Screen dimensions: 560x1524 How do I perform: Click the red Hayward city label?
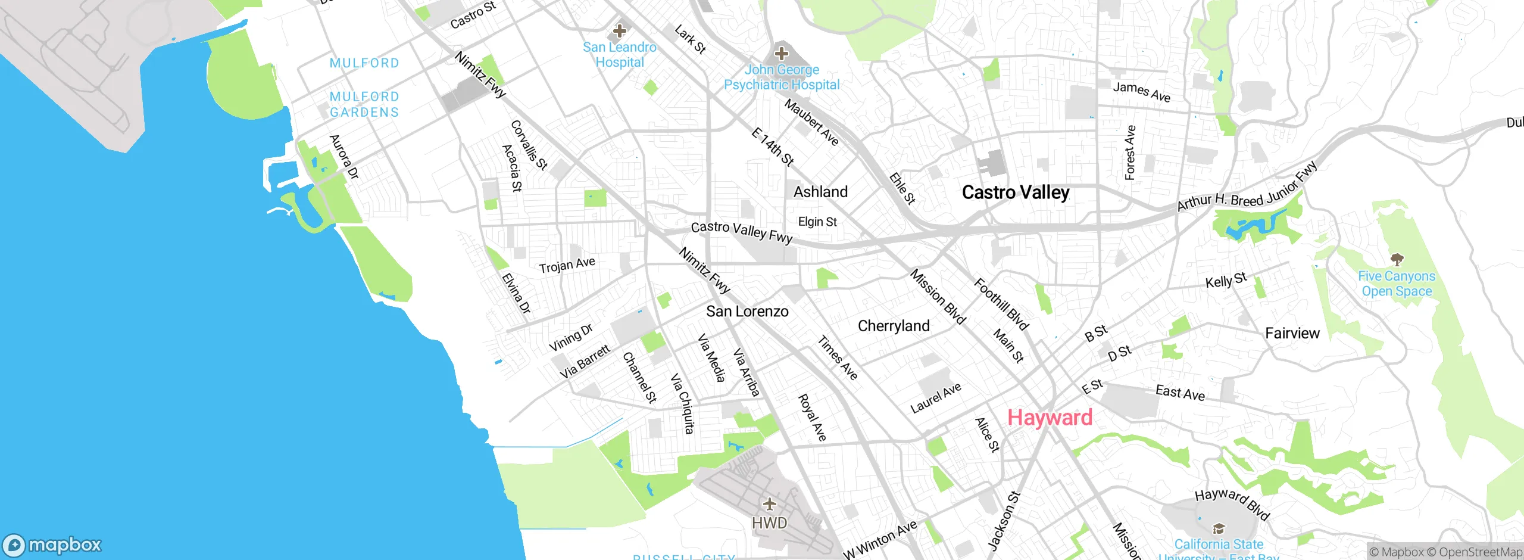click(x=1050, y=418)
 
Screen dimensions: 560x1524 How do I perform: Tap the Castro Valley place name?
click(x=1016, y=192)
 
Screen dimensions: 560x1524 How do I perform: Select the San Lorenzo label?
click(x=747, y=312)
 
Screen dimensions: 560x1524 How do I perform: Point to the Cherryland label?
click(x=893, y=326)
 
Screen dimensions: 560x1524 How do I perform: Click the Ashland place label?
click(x=820, y=192)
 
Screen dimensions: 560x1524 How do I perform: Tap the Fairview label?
click(x=1292, y=334)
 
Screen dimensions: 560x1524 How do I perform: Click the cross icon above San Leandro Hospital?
click(x=619, y=30)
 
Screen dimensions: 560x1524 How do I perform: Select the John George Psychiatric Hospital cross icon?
click(x=781, y=54)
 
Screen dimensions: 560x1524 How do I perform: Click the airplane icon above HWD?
click(x=769, y=504)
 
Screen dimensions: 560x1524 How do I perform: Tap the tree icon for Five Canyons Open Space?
click(x=1397, y=259)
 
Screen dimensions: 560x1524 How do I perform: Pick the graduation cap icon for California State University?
click(x=1219, y=528)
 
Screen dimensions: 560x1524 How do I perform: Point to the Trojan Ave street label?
click(x=567, y=265)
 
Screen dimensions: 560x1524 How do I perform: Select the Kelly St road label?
click(x=1226, y=281)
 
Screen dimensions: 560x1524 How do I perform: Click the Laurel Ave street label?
click(x=935, y=399)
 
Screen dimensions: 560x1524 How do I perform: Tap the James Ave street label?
click(x=1141, y=92)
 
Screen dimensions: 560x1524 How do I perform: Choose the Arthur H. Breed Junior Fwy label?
click(x=1247, y=188)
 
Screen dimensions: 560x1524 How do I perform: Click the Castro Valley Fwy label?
click(x=741, y=232)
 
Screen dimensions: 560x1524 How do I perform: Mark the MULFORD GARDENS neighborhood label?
click(x=364, y=104)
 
